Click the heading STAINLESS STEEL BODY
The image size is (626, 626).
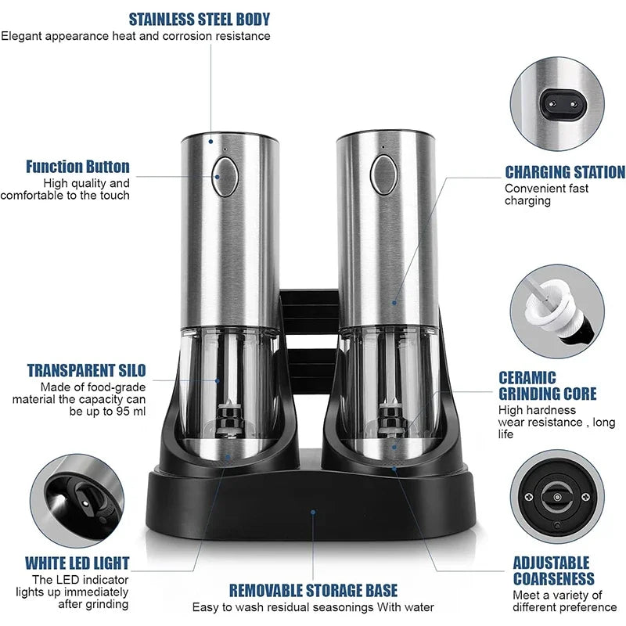click(x=199, y=19)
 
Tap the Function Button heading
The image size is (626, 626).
click(x=77, y=167)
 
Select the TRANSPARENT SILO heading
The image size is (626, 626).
click(x=86, y=370)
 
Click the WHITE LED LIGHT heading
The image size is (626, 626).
click(x=77, y=563)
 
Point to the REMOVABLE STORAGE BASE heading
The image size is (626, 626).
click(x=313, y=590)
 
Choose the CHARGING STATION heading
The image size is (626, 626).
click(x=564, y=172)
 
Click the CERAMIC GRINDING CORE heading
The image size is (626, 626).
click(x=548, y=386)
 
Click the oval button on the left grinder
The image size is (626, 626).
click(x=225, y=176)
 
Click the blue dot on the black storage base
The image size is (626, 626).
click(x=313, y=513)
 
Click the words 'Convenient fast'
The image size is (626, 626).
click(x=546, y=189)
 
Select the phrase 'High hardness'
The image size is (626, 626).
click(x=537, y=410)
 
